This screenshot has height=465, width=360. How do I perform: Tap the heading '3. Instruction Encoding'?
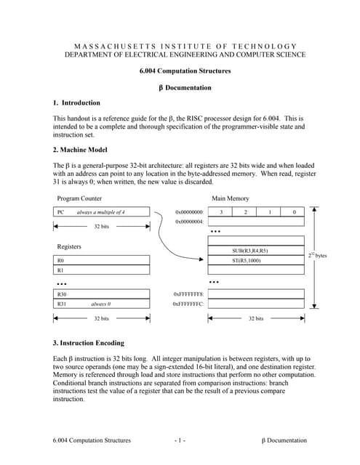(x=89, y=342)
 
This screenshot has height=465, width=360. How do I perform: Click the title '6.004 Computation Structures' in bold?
(x=185, y=71)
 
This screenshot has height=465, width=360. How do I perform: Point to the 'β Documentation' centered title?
(x=185, y=88)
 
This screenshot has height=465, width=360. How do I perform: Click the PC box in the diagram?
(x=102, y=212)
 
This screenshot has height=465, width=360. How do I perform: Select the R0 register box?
(x=102, y=259)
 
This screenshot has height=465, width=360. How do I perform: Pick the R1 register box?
(x=102, y=270)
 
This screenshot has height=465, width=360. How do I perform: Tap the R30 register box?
(x=102, y=294)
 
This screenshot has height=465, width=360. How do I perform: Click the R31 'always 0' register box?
(x=102, y=304)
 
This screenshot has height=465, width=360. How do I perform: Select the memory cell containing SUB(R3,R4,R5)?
(x=255, y=251)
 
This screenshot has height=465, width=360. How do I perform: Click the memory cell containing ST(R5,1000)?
(x=255, y=260)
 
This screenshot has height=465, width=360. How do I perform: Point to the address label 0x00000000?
(x=189, y=212)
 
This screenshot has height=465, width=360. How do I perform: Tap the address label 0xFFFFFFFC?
(x=188, y=304)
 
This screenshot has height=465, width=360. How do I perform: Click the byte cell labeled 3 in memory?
(x=220, y=212)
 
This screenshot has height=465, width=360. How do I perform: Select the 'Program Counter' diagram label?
(x=80, y=198)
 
